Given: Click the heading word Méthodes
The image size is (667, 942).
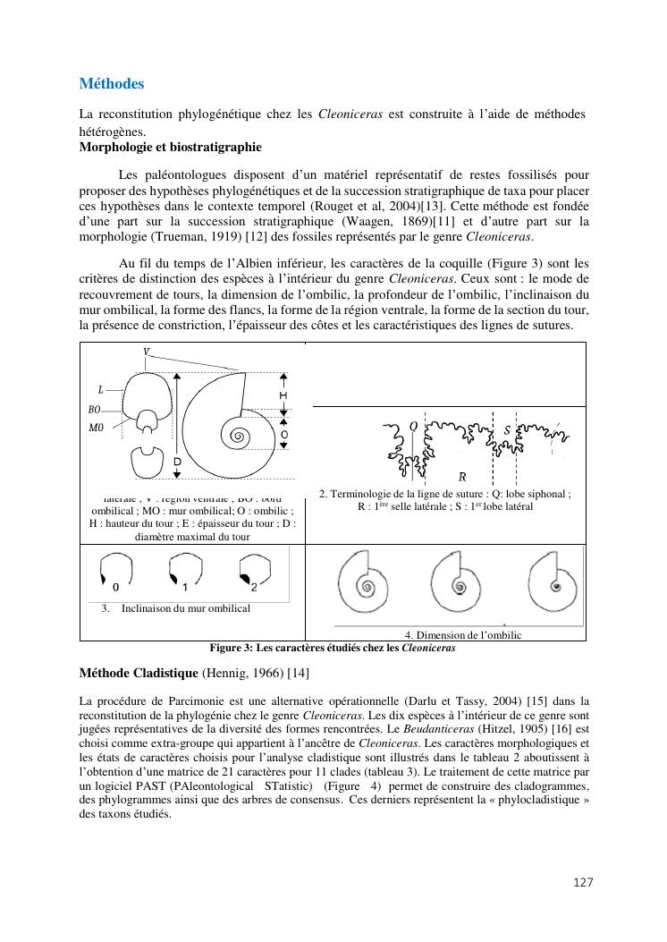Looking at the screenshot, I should (x=111, y=84).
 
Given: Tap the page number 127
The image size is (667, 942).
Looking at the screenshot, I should (x=583, y=882).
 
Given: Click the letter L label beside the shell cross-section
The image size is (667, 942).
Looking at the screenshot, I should (x=101, y=389).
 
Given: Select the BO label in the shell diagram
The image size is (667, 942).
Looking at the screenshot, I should (x=95, y=409).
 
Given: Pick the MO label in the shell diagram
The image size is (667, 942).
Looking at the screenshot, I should (x=96, y=428).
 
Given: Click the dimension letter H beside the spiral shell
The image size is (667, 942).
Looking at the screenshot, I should (x=283, y=395).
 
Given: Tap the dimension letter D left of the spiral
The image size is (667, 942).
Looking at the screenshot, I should (x=177, y=462).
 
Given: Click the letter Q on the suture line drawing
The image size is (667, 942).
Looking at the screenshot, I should (x=413, y=427).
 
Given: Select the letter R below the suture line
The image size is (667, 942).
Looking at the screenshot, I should (x=462, y=477).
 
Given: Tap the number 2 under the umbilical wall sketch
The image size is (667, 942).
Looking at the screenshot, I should (x=254, y=588).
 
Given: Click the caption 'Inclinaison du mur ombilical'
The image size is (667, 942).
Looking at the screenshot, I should (x=186, y=608).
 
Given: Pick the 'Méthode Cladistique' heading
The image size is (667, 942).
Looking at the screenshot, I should (x=139, y=672).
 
